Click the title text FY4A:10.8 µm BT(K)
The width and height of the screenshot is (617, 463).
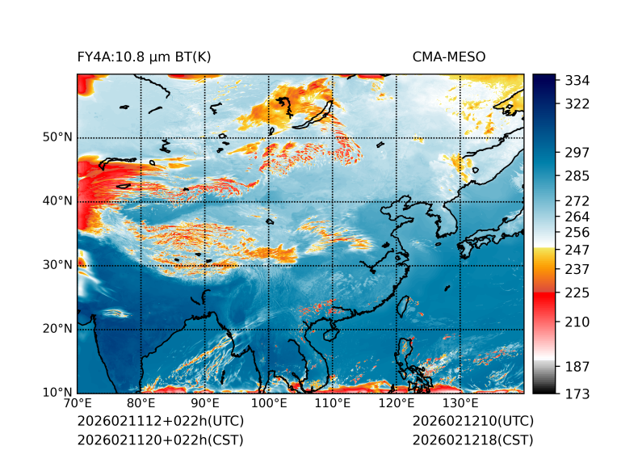pyautogui.click(x=145, y=57)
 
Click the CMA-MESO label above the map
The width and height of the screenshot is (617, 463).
pyautogui.click(x=449, y=57)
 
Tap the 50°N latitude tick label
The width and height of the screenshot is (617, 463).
pyautogui.click(x=58, y=137)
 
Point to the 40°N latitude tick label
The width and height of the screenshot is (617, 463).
pyautogui.click(x=58, y=201)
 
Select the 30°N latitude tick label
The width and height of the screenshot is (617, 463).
pyautogui.click(x=58, y=265)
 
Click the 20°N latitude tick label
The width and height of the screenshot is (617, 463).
pyautogui.click(x=58, y=329)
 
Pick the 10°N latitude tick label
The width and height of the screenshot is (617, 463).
pyautogui.click(x=58, y=393)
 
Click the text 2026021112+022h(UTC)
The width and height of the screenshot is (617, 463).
pyautogui.click(x=160, y=422)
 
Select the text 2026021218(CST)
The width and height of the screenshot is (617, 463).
pyautogui.click(x=472, y=440)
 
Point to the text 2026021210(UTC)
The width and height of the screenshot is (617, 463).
pyautogui.click(x=472, y=422)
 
